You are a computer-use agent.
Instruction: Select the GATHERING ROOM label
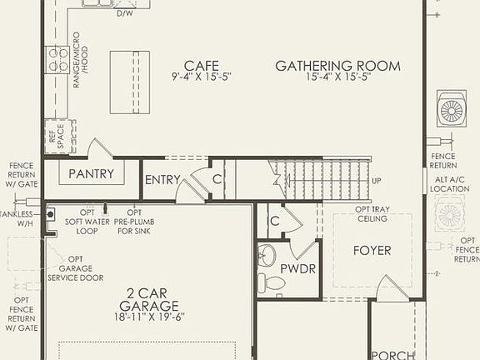point(337,66)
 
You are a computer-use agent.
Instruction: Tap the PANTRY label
point(91,174)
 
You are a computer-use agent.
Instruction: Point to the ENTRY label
point(162,179)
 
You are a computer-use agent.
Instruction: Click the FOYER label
point(372,250)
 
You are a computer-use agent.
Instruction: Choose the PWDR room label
point(297,269)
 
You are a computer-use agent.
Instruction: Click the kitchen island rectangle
point(130,82)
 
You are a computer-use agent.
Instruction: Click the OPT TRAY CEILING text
point(372,214)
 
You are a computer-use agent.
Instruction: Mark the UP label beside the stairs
point(377,181)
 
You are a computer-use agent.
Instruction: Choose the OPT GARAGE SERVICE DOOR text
point(76,268)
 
